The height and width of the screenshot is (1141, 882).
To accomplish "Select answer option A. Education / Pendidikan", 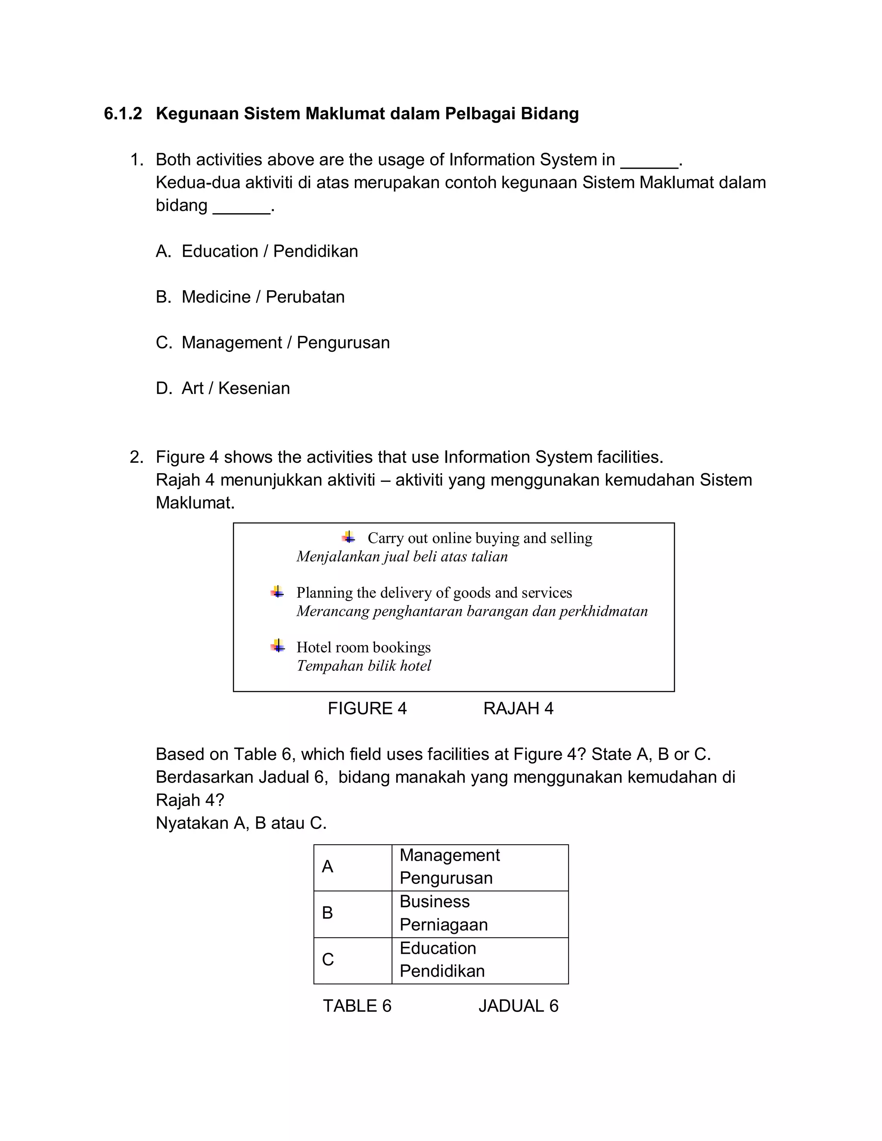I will tap(257, 251).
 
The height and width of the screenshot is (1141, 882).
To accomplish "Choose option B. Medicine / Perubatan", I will tap(250, 297).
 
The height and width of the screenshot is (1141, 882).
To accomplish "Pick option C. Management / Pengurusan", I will tap(272, 343).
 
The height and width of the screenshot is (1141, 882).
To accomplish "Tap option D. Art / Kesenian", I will tap(223, 388).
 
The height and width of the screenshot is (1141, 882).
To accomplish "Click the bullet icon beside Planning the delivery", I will tap(277, 592).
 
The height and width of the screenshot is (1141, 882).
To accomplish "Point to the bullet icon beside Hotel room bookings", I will tap(277, 646).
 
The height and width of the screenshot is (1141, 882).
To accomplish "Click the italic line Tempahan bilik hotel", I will tap(363, 666).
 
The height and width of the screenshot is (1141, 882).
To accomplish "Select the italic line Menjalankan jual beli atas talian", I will tap(402, 556).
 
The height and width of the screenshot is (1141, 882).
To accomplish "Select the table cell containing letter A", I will tap(352, 867).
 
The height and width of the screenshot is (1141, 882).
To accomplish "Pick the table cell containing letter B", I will tap(352, 913).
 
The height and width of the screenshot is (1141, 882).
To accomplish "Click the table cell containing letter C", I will tap(352, 959).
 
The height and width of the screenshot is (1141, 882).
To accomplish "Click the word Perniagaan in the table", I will tap(444, 925).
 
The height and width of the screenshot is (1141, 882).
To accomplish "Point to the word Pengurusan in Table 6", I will tap(446, 878).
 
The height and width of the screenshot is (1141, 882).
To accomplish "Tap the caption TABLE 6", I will tap(357, 1006).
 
